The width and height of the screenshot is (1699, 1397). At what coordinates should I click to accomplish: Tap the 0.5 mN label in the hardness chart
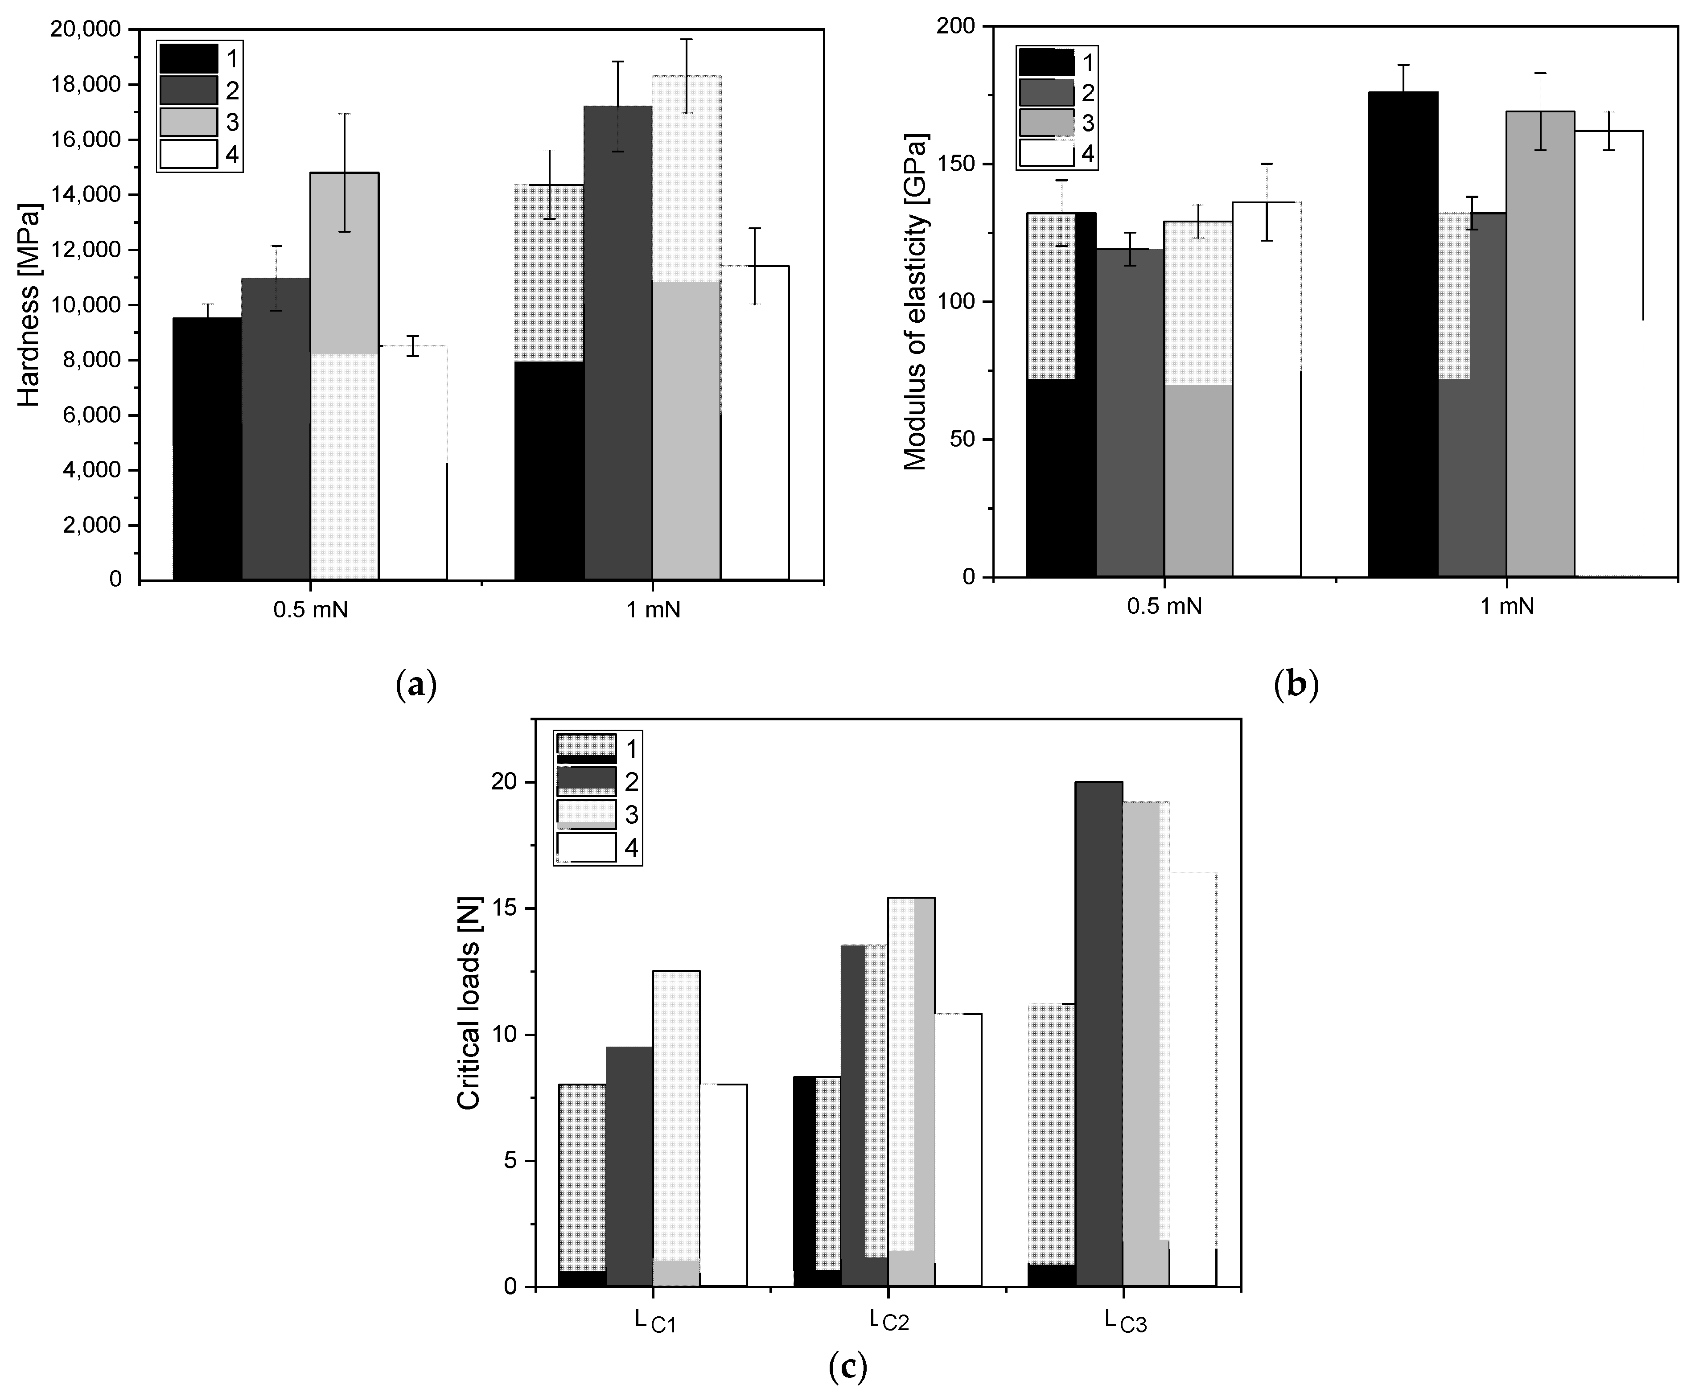[x=311, y=610]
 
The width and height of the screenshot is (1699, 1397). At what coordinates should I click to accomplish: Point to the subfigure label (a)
[x=417, y=686]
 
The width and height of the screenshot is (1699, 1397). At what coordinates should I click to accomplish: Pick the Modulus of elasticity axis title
[x=915, y=302]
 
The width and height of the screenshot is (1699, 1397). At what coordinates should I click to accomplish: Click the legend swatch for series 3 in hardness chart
[x=188, y=122]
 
